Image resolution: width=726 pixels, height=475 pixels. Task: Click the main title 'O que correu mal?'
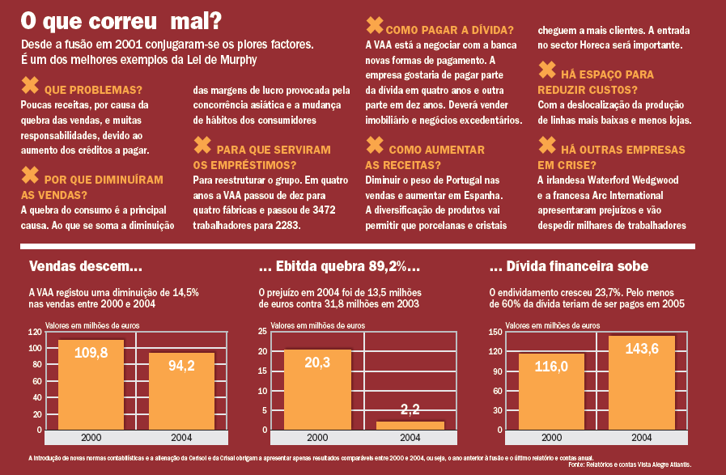click(110, 19)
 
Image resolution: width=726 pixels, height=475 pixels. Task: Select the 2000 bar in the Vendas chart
click(91, 388)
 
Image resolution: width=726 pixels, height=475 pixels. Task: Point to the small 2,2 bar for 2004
click(410, 425)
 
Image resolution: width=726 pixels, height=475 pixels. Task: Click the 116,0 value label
click(551, 367)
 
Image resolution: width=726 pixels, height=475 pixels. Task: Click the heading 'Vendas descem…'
click(86, 266)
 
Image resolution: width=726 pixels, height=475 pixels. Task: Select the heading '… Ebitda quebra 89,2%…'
click(338, 266)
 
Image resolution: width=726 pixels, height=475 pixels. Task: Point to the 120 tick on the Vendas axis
click(35, 333)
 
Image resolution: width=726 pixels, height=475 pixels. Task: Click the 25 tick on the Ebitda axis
click(263, 333)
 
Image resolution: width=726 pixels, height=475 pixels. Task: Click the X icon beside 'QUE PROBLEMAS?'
click(30, 85)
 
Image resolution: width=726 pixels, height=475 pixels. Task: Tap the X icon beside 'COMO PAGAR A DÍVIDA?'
click(375, 25)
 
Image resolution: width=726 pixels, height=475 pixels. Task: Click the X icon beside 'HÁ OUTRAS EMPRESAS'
click(547, 146)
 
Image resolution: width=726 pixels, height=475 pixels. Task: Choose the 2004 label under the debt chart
click(641, 438)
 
